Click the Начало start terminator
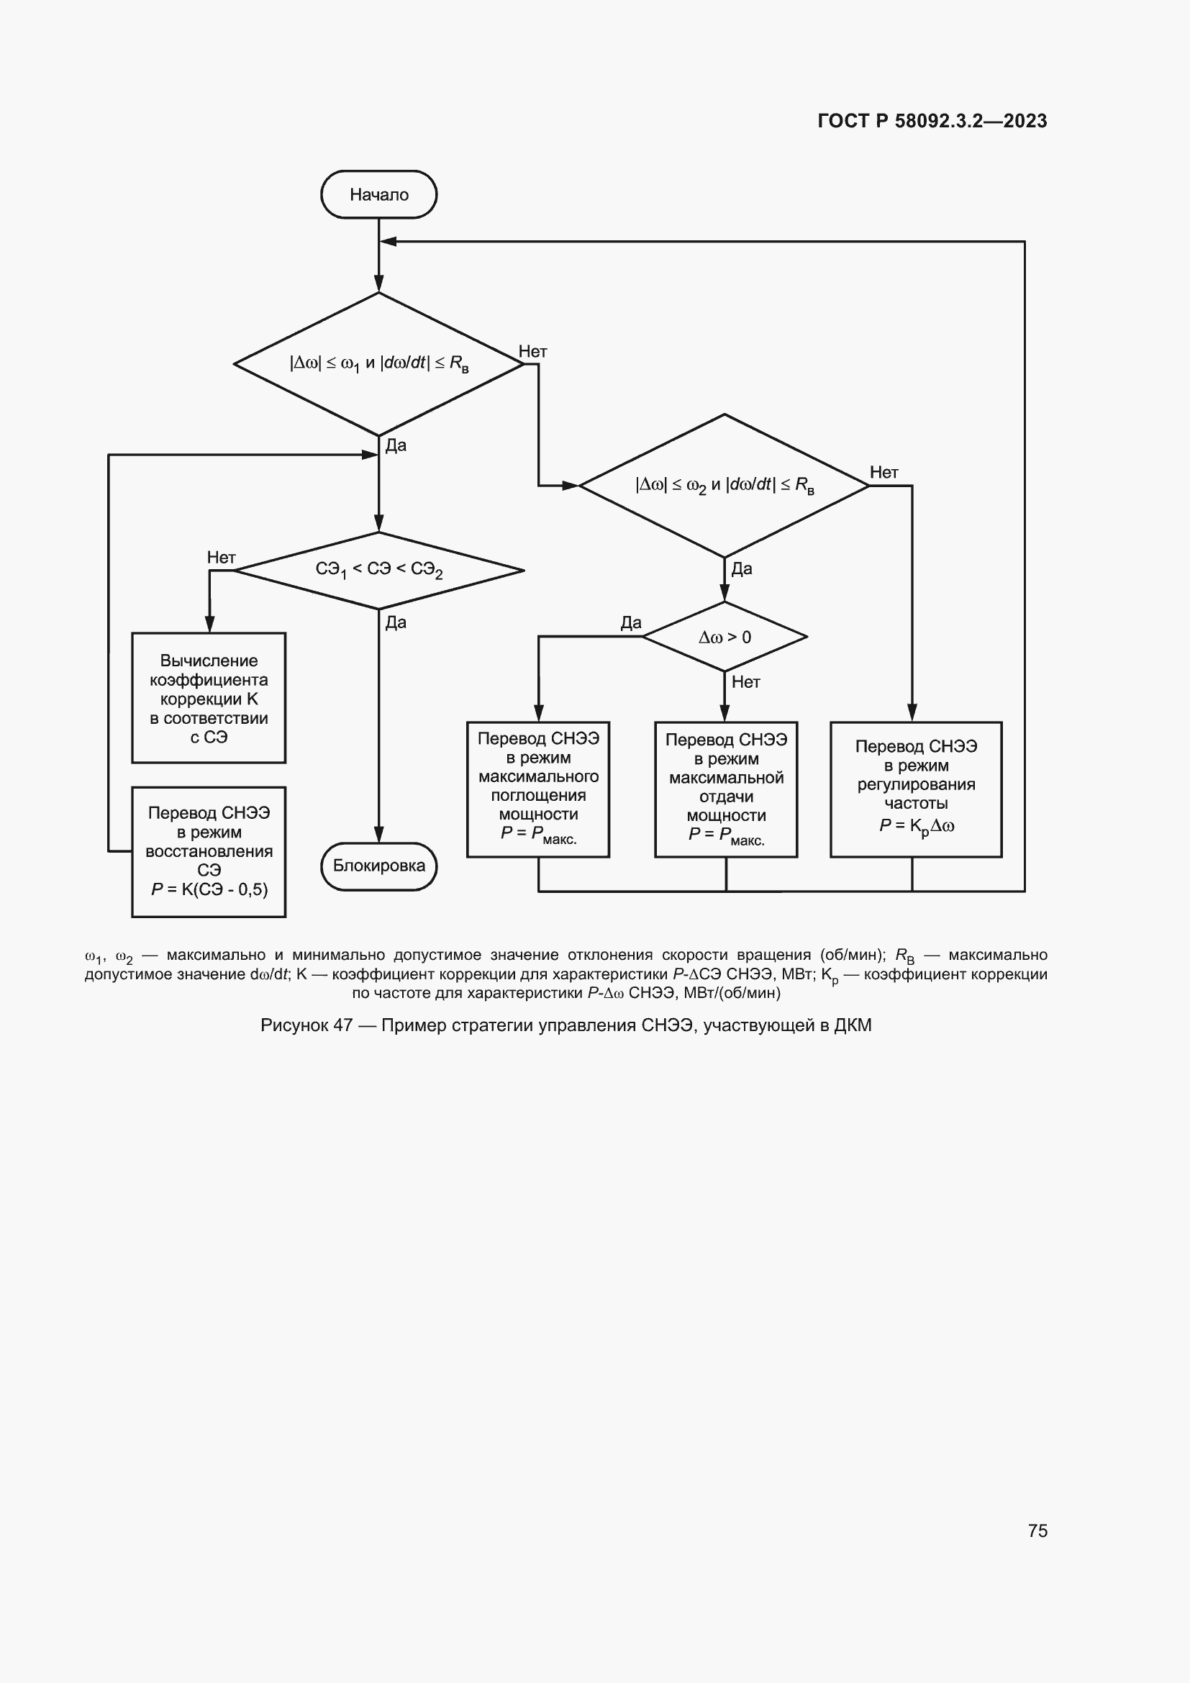379,194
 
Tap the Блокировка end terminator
379,866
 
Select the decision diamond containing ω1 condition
379,363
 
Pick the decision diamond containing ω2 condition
724,485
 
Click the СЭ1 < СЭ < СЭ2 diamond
379,570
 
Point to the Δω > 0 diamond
724,636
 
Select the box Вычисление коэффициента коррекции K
209,698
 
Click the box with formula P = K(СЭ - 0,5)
209,851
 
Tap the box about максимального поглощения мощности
538,789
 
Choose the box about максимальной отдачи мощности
725,789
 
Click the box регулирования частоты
916,789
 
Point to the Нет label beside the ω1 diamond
532,352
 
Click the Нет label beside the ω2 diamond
884,473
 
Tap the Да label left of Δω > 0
630,623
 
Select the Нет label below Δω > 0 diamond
746,682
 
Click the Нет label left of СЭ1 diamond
221,558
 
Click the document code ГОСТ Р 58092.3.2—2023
932,121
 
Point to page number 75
1037,1530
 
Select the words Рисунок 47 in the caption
306,1025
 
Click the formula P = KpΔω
916,826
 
